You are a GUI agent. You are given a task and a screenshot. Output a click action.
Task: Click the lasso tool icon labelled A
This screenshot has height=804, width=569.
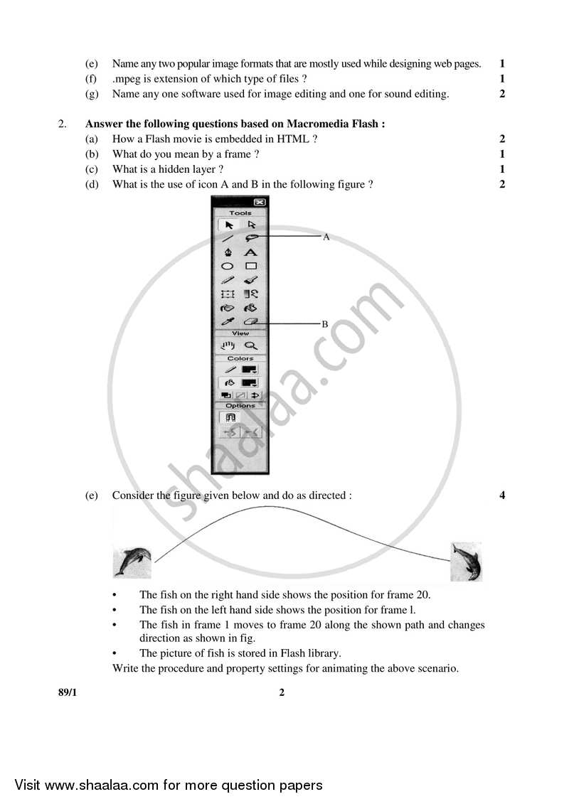pos(250,238)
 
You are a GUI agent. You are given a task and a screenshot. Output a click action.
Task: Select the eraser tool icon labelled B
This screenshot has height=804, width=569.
pos(250,322)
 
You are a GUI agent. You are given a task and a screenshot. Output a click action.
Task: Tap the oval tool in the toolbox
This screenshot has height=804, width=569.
pos(228,266)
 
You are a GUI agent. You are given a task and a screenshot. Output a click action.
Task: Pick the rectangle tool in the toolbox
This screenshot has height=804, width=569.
pos(250,266)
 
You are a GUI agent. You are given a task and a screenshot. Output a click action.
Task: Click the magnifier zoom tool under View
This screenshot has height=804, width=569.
pos(250,346)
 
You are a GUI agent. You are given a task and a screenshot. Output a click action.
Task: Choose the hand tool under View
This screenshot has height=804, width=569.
pos(228,346)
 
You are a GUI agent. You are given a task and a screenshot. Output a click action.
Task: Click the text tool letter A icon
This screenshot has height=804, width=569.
pos(250,252)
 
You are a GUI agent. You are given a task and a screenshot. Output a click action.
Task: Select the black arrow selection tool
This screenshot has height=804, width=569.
pos(228,225)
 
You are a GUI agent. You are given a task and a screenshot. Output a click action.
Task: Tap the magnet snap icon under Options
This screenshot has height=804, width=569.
pos(230,418)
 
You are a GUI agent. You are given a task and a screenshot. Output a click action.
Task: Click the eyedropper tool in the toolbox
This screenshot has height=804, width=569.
pos(228,322)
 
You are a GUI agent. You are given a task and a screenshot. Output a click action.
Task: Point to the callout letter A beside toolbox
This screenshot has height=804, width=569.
pos(326,237)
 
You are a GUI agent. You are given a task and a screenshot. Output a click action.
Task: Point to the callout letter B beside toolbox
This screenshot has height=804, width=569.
pos(324,324)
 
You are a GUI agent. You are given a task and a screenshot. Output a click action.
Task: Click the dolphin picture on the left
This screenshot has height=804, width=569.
pos(132,562)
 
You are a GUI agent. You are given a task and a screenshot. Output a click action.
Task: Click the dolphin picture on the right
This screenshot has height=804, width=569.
pos(467,562)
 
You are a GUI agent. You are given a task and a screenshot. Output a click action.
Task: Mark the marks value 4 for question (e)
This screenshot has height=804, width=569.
pos(502,495)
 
